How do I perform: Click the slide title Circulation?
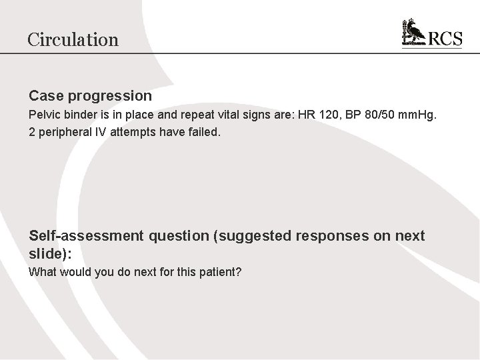pos(73,39)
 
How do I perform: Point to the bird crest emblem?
pos(415,33)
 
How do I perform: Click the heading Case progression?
pos(90,97)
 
